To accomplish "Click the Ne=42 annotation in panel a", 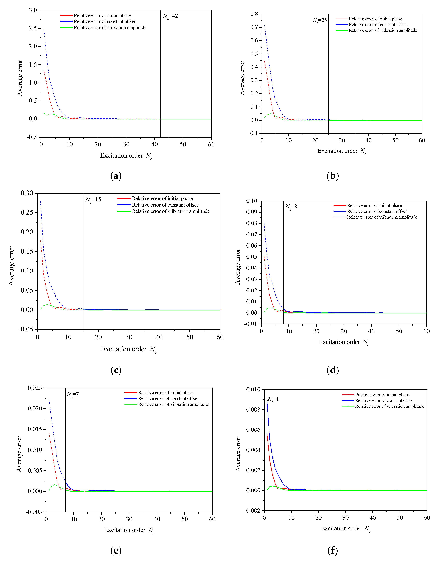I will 170,16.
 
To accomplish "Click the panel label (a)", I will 116,176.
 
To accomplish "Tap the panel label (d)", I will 333,370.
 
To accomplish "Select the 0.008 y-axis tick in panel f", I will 253,410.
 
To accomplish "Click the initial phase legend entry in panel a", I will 102,16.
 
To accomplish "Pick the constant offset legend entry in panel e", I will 168,398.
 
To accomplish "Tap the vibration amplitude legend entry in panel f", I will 389,406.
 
